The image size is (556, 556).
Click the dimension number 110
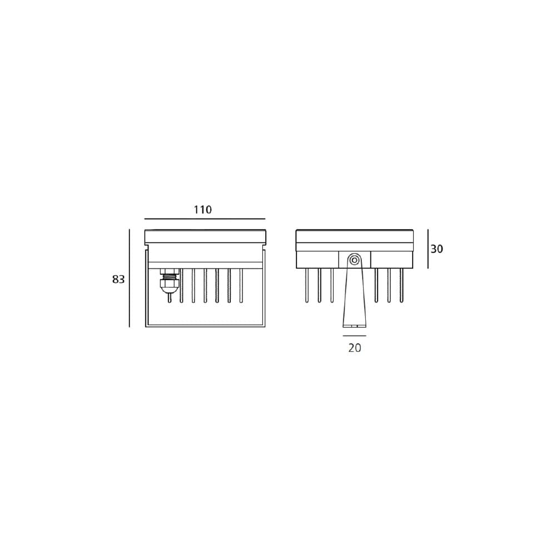click(x=202, y=210)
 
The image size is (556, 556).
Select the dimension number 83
click(x=118, y=280)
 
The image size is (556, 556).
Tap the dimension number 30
click(x=437, y=249)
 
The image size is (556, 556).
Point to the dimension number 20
click(x=355, y=348)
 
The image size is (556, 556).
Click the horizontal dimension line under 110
click(x=205, y=219)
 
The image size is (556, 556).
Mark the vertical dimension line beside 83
click(x=130, y=278)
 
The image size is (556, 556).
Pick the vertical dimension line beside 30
click(x=428, y=249)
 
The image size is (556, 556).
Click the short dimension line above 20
click(x=354, y=335)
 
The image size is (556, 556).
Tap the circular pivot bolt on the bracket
click(x=354, y=260)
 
